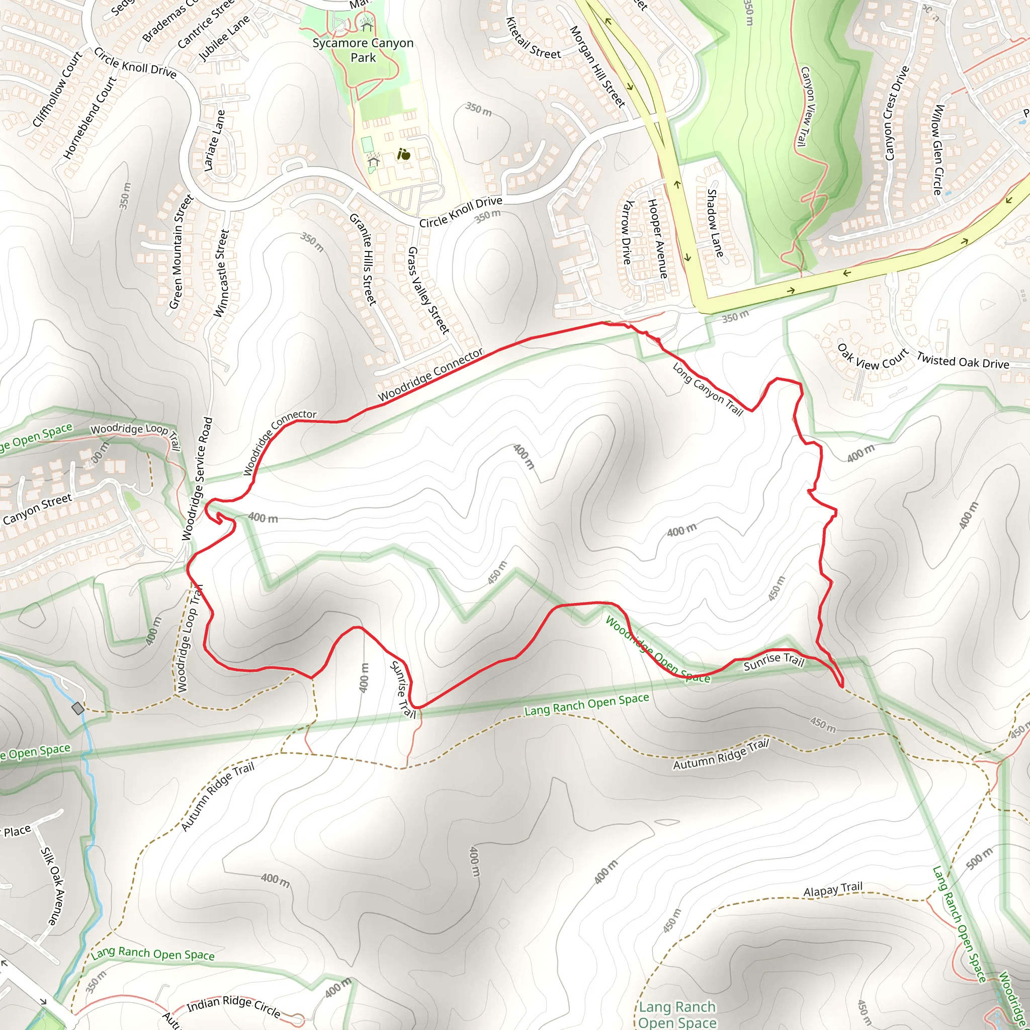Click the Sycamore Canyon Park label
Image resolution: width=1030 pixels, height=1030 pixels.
[x=363, y=50]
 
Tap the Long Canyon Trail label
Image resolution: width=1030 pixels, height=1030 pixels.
[x=707, y=389]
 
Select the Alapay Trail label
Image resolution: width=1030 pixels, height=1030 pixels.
[x=833, y=889]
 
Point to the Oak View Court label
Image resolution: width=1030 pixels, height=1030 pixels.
[x=872, y=357]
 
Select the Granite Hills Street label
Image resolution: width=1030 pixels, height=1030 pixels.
[x=363, y=259]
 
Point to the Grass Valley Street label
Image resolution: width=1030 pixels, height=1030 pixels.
[x=428, y=291]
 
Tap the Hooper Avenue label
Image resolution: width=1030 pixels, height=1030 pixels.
[x=657, y=238]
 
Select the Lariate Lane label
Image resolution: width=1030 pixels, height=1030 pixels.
[x=214, y=140]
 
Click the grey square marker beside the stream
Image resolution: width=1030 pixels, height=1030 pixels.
[x=78, y=708]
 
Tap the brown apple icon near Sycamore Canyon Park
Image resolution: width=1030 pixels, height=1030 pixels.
[x=404, y=154]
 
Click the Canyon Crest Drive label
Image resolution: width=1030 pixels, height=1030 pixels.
[x=896, y=113]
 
